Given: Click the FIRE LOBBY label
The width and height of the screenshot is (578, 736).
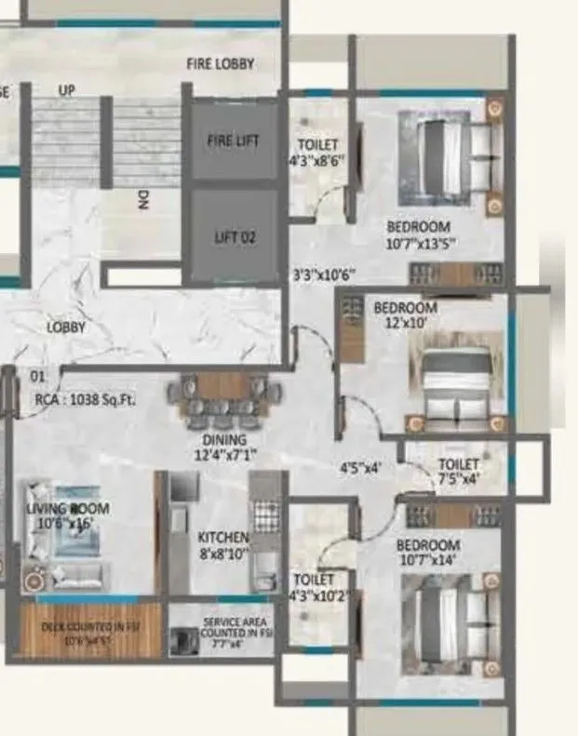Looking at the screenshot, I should coord(221,64).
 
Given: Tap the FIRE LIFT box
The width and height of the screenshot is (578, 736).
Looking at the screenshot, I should coord(233,141).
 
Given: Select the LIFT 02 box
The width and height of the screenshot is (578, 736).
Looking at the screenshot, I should coord(234,237).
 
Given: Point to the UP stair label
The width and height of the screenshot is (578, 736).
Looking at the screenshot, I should coord(67,90).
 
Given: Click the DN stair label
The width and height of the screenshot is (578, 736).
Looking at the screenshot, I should coord(143,202).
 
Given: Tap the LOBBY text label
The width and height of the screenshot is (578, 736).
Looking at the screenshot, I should coord(66,328).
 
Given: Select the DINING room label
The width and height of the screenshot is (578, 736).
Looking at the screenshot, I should coord(221,440).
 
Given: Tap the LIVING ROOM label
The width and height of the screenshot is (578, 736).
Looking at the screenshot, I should coord(67,509).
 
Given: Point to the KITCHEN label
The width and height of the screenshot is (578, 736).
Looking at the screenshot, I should coord(222,538).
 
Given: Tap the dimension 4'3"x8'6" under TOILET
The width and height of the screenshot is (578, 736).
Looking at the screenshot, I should coord(317,159).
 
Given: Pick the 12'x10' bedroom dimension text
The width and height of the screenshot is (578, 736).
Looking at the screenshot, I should coord(405,322).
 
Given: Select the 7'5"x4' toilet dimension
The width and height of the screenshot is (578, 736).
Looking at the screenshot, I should coord(458,480).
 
